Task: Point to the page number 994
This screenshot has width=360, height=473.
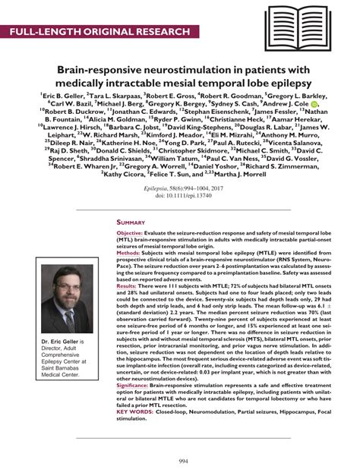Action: pos(179,461)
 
